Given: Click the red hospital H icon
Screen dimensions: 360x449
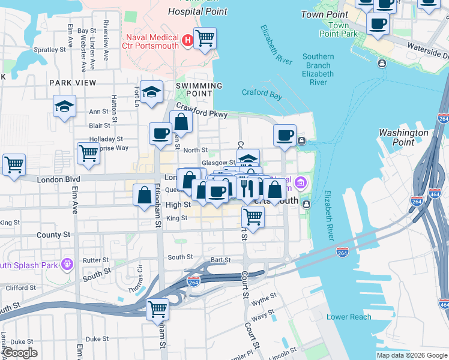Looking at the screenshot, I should [x=187, y=41].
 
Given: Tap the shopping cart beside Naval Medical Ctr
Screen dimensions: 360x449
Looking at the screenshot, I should [x=205, y=38].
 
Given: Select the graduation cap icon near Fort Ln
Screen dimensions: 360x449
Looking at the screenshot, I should [x=152, y=92].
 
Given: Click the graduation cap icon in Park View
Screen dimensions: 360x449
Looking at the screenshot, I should [x=64, y=106].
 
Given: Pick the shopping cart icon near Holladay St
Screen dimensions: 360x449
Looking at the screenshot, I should [x=88, y=153].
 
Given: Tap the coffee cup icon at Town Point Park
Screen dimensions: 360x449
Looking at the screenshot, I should [x=378, y=24].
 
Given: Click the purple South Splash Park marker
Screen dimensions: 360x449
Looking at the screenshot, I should [x=66, y=263].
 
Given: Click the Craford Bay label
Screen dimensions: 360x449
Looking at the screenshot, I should [x=262, y=94].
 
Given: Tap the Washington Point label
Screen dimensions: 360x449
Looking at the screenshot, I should [x=403, y=137].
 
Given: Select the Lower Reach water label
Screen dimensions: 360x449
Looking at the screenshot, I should [x=349, y=317].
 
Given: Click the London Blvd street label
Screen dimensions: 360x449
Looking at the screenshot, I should [x=58, y=179].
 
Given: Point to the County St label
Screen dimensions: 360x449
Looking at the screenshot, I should [x=53, y=235].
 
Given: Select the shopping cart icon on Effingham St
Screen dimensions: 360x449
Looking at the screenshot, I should [x=157, y=309].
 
